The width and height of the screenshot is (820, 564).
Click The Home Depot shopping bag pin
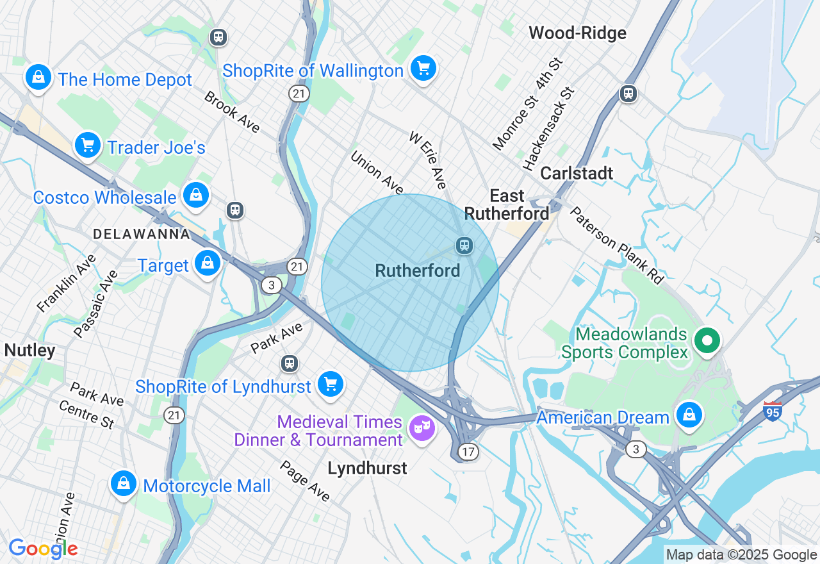pyautogui.click(x=38, y=78)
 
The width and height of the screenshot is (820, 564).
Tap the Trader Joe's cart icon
pyautogui.click(x=88, y=145)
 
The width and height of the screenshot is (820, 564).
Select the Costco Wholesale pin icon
pyautogui.click(x=195, y=195)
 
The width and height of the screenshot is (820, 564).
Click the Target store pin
pyautogui.click(x=208, y=263)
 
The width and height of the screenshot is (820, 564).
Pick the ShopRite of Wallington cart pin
pyautogui.click(x=423, y=68)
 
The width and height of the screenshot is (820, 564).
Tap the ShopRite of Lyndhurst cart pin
pyautogui.click(x=331, y=385)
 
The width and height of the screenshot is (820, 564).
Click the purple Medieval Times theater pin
pyautogui.click(x=422, y=427)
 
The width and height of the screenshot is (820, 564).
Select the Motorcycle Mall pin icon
pyautogui.click(x=122, y=484)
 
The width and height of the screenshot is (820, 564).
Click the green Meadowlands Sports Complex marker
pyautogui.click(x=707, y=340)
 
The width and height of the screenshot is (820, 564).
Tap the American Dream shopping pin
pyautogui.click(x=689, y=415)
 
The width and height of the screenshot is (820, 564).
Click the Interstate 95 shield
pyautogui.click(x=773, y=411)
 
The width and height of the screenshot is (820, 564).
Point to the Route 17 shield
pyautogui.click(x=468, y=452)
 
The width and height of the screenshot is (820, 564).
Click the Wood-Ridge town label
pyautogui.click(x=577, y=33)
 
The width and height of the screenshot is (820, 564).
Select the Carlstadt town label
pyautogui.click(x=577, y=173)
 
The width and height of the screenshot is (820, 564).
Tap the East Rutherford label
pyautogui.click(x=507, y=204)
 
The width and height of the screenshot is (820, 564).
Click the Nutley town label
pyautogui.click(x=29, y=351)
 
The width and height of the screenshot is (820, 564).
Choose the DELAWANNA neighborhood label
pyautogui.click(x=142, y=234)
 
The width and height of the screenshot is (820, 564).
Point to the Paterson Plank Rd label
pyautogui.click(x=616, y=244)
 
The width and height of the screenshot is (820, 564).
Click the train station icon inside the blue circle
pyautogui.click(x=464, y=245)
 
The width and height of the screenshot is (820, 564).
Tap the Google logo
pyautogui.click(x=43, y=549)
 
